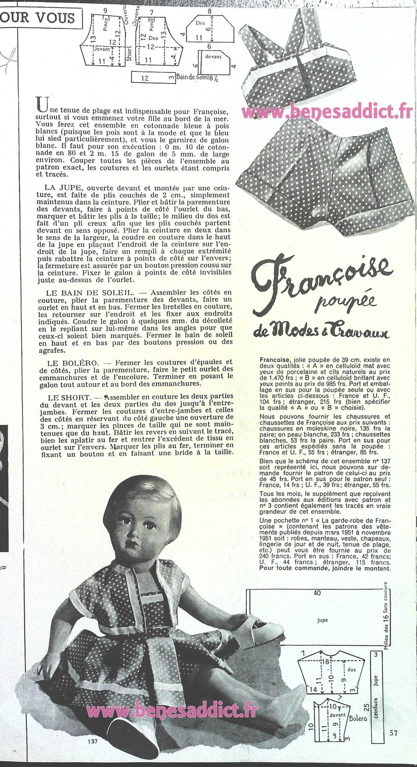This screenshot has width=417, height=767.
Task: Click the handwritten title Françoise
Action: pyautogui.click(x=321, y=278)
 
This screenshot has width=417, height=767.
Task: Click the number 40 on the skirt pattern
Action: pyautogui.click(x=317, y=593)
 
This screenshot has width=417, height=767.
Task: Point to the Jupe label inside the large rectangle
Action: pyautogui.click(x=323, y=620)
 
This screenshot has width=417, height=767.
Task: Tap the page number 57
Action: pyautogui.click(x=394, y=732)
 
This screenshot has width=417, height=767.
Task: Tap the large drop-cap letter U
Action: pyautogui.click(x=42, y=104)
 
